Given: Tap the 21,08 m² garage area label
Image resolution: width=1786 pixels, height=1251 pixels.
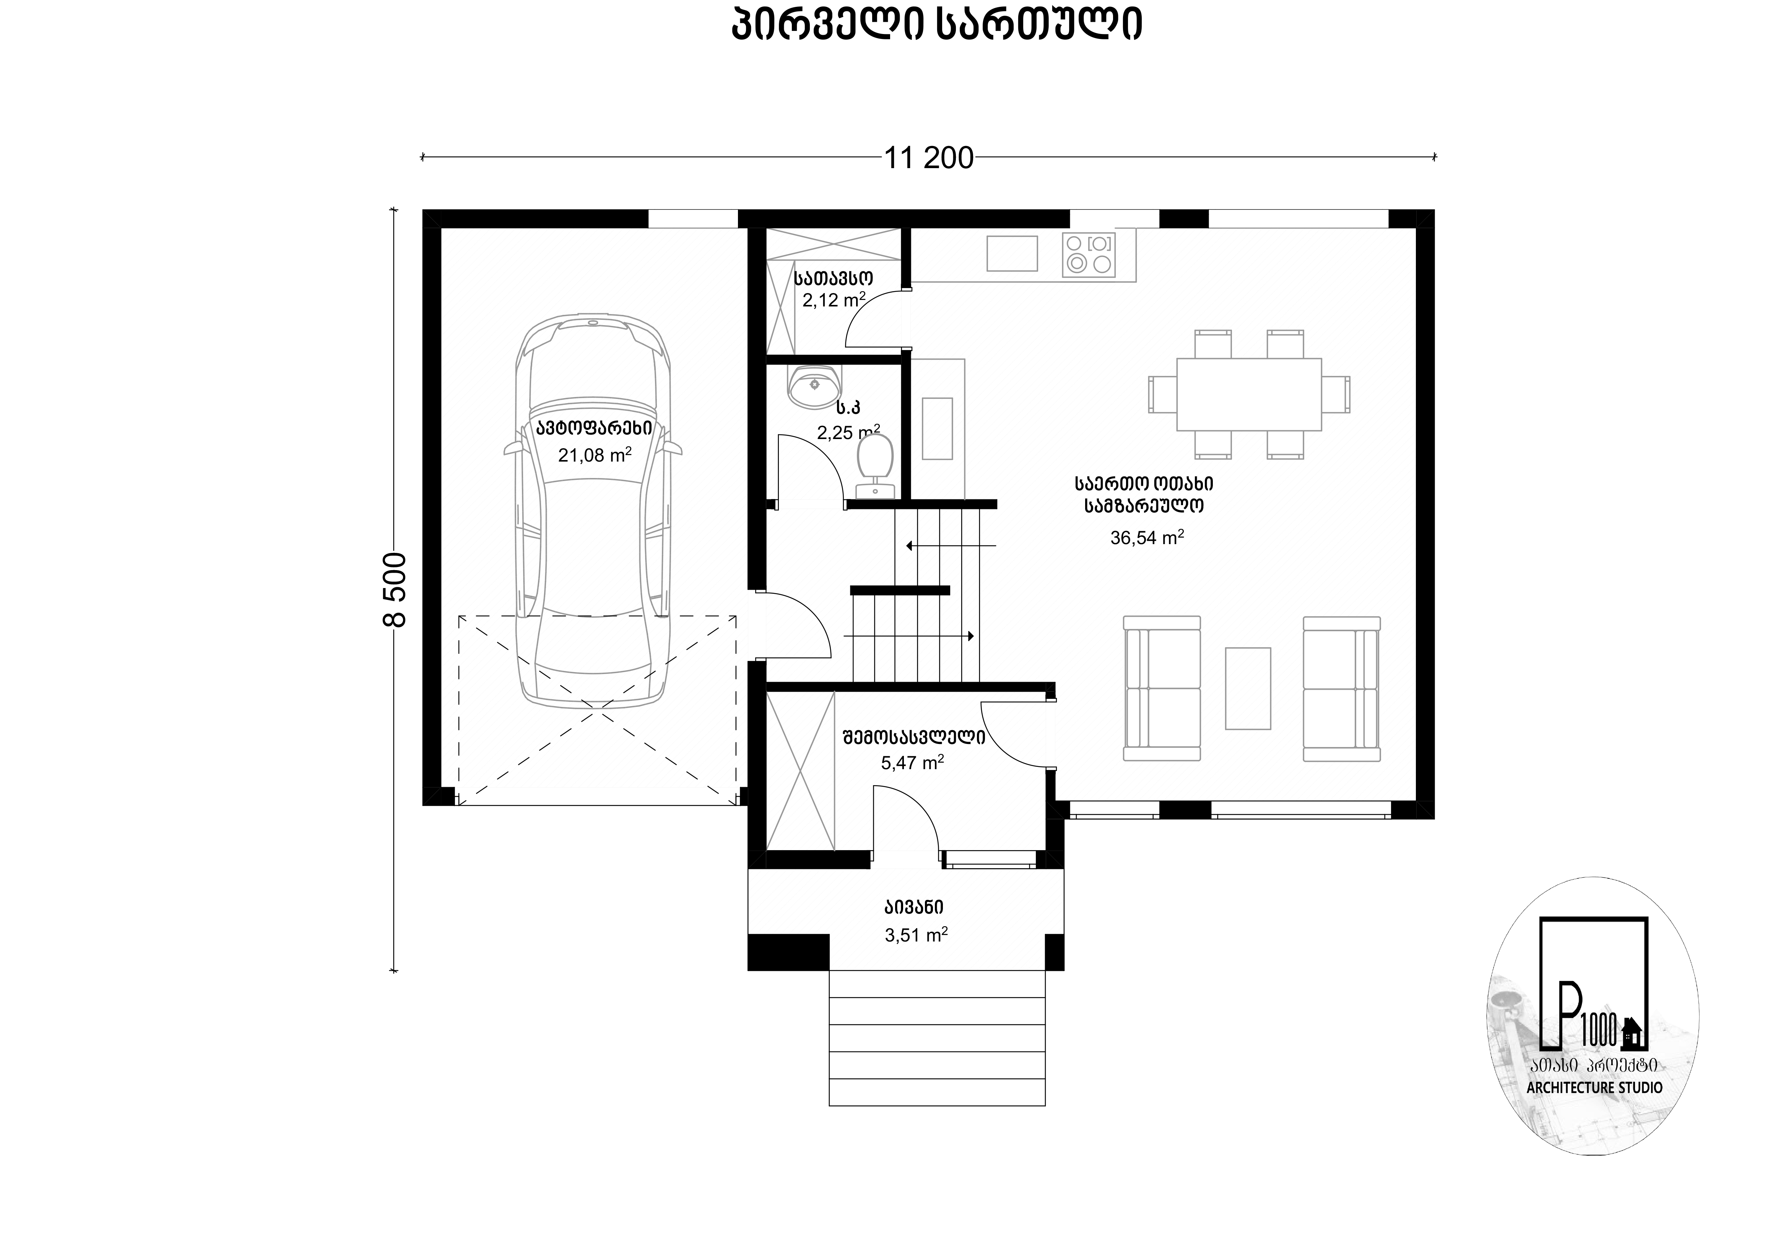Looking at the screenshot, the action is point(594,455).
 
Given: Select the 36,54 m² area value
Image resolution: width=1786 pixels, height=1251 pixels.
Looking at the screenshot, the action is point(1147,537).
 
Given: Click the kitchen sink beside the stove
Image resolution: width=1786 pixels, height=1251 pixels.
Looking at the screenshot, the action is point(1012,253).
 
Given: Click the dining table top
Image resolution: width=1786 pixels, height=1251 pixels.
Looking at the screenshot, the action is point(1248,394).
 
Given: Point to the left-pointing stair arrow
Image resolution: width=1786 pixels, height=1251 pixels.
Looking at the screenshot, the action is point(951,546).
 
